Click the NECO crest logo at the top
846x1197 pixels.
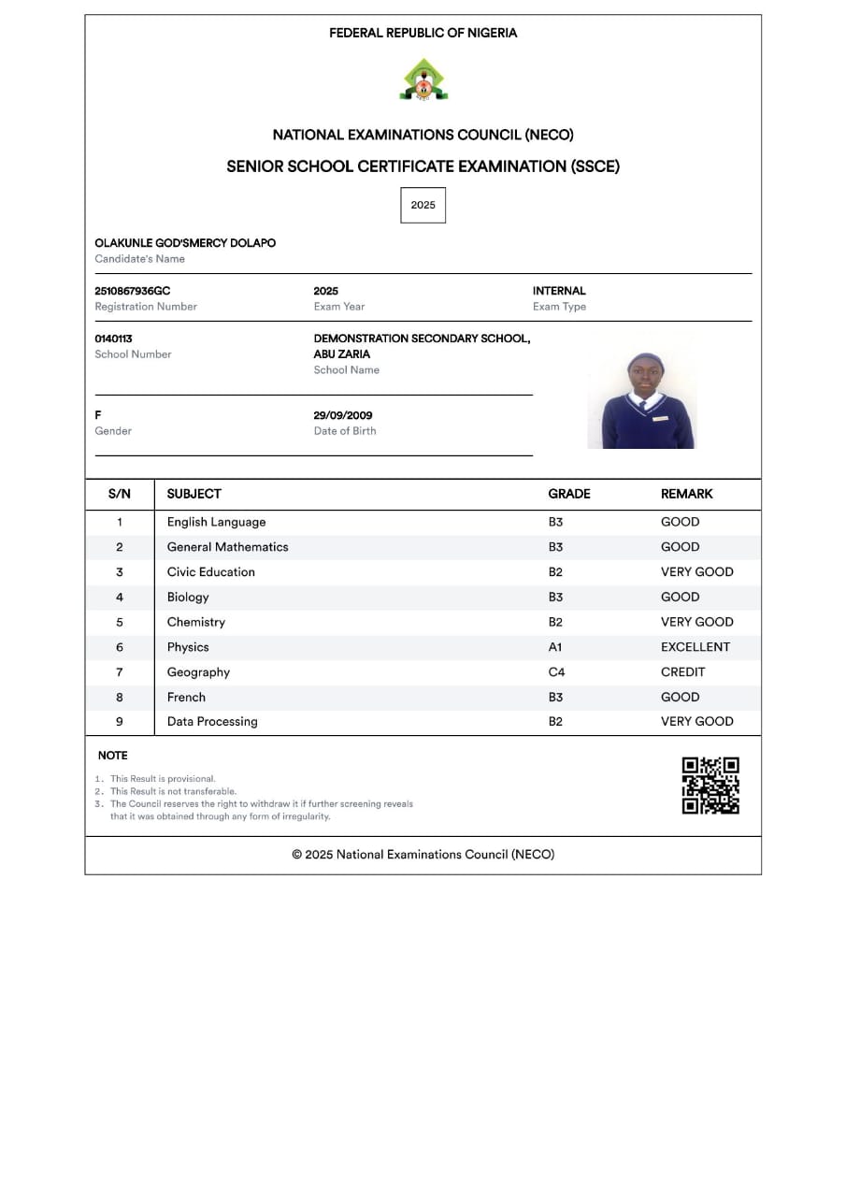point(423,80)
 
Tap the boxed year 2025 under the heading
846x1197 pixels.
point(423,205)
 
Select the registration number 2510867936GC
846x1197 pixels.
point(133,291)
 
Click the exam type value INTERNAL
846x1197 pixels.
point(559,291)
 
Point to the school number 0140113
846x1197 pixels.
point(114,339)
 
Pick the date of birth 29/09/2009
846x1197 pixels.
point(343,415)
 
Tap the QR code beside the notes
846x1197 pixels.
point(710,786)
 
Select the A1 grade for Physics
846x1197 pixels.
point(555,647)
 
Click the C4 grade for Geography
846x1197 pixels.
point(556,672)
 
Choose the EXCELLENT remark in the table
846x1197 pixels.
point(695,647)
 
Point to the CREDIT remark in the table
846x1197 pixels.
point(683,672)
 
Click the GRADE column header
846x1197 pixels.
point(569,494)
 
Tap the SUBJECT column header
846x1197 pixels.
point(194,494)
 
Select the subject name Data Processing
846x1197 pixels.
point(212,722)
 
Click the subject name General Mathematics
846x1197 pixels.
point(227,547)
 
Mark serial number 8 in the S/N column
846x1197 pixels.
point(120,697)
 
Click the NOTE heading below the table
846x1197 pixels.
point(113,756)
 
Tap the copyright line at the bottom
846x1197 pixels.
point(423,855)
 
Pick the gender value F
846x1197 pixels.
point(98,415)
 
